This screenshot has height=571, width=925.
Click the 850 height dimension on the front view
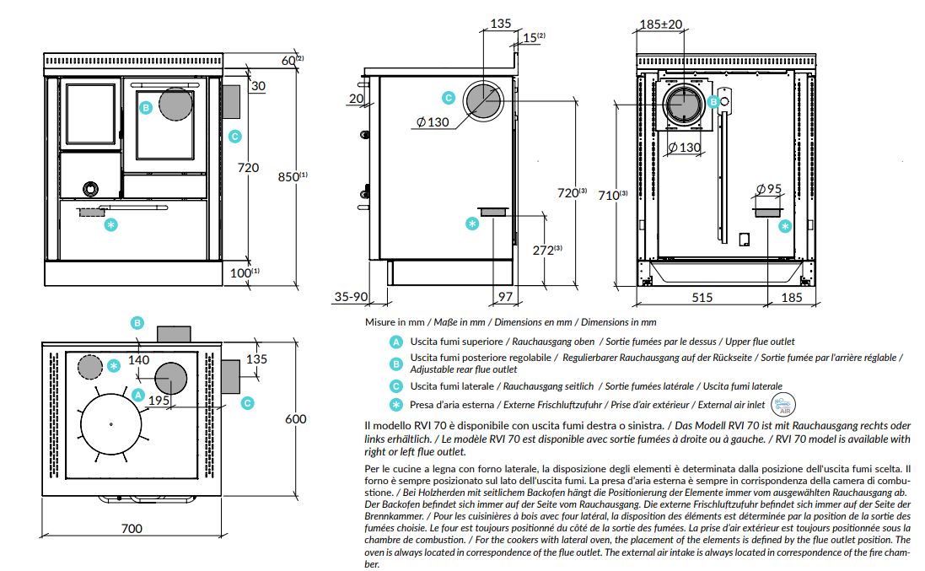coord(289,176)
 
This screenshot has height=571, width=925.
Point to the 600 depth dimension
coord(295,419)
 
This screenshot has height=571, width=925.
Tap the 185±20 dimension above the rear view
coord(660,24)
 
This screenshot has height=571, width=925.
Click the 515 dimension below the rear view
coord(702,297)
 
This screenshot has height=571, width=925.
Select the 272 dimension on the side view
coord(546,250)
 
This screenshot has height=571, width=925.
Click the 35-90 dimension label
coord(351,297)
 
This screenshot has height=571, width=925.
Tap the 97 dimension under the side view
coord(505,297)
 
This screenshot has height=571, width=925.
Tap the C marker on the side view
coord(449,98)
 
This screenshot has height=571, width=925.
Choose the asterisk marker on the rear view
coord(785,226)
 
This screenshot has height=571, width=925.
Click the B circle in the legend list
coord(395,364)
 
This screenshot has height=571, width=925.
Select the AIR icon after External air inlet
coord(782,404)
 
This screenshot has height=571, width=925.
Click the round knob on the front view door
coord(89,186)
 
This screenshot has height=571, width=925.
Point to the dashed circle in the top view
coord(89,367)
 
